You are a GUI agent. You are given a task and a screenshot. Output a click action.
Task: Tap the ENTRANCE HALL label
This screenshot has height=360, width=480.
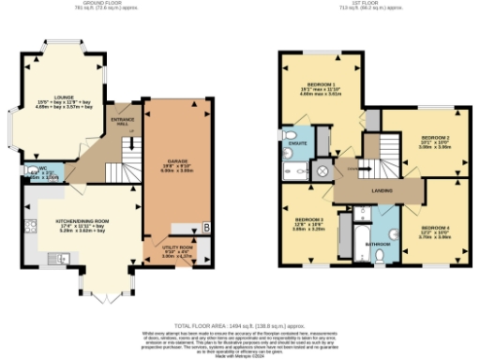[122, 123]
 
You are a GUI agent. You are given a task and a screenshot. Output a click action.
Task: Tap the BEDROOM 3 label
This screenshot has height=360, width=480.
[308, 223]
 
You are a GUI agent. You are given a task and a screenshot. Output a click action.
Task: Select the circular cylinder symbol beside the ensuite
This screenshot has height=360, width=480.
[322, 172]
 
